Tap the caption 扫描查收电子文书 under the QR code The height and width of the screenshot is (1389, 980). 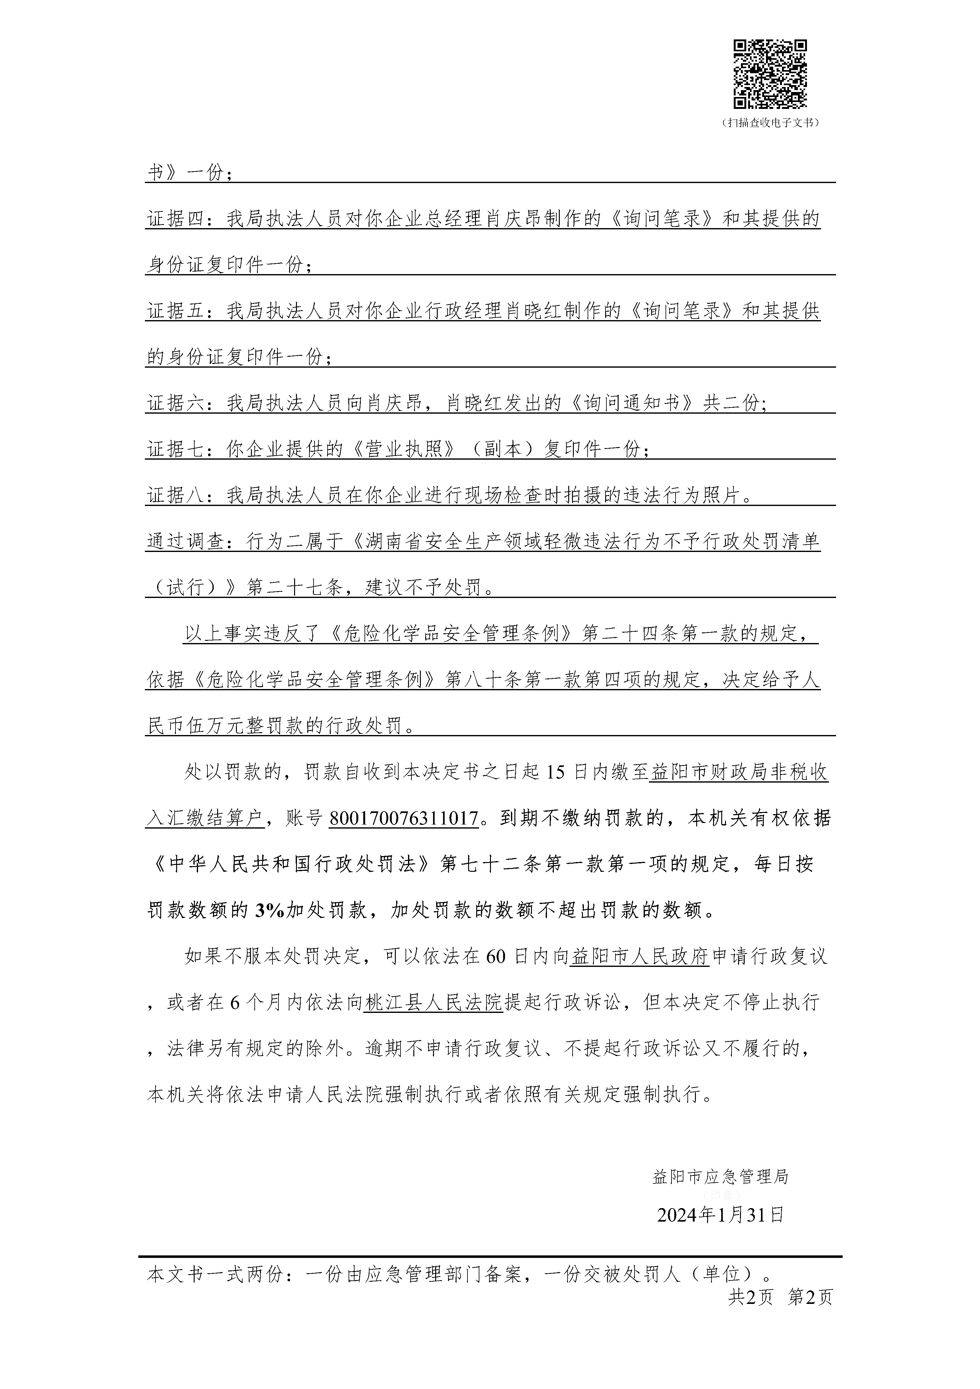pos(770,123)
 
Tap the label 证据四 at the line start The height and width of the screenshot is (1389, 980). pos(176,219)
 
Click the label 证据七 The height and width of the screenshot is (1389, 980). pos(176,449)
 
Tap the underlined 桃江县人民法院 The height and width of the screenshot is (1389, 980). pos(433,1003)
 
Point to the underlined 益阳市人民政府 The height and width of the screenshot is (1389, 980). pos(640,957)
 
